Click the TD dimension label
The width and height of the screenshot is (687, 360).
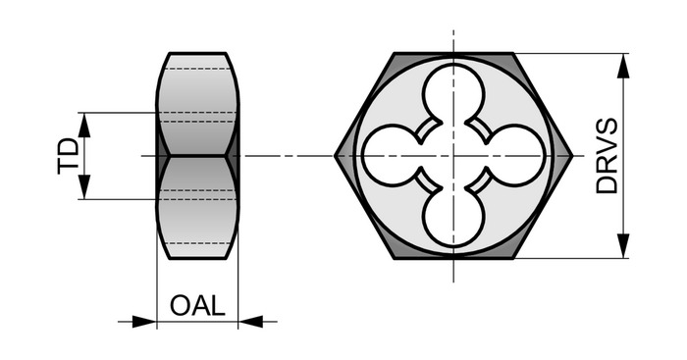69,156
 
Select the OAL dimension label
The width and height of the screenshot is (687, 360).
197,305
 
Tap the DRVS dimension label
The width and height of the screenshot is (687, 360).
607,155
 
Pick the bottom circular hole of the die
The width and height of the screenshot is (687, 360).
453,217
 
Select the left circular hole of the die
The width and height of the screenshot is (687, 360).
393,155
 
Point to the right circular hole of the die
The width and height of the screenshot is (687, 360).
515,155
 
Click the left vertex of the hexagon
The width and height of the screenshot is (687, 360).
336,155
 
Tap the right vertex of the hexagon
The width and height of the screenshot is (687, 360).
572,155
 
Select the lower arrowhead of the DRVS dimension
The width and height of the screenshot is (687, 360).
623,245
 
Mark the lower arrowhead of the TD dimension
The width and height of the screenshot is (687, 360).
84,187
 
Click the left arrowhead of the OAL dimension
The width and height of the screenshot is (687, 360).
144,322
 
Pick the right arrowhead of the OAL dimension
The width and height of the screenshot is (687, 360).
250,322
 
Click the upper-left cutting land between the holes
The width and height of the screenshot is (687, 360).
428,130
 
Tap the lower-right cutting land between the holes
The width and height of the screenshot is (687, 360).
479,180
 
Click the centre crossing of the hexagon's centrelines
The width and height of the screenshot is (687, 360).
453,155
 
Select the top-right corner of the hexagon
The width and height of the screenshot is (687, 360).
513,53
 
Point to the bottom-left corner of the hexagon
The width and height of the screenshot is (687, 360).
395,258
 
